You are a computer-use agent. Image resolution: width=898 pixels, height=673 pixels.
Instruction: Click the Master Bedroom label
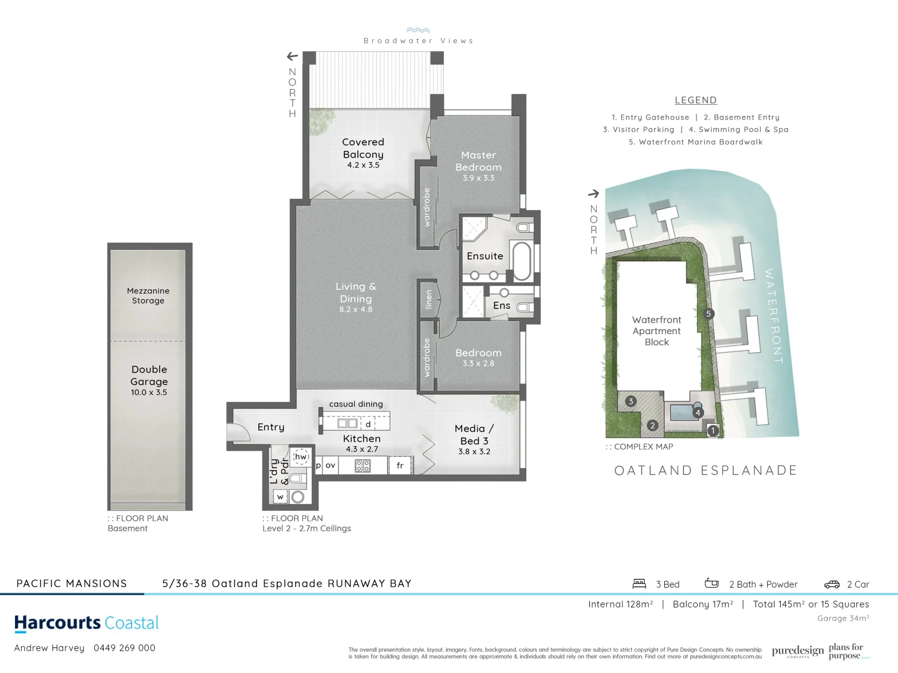click(478, 161)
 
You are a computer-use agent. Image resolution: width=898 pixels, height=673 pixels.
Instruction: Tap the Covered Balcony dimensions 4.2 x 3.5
click(363, 165)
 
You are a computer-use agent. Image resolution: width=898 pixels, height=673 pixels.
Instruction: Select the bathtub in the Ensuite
click(521, 261)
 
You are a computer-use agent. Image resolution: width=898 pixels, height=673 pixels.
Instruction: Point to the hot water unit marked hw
click(301, 457)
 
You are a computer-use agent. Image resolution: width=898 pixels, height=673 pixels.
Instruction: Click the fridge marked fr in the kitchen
click(400, 465)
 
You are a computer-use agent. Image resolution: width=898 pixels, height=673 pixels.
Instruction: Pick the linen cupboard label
click(428, 299)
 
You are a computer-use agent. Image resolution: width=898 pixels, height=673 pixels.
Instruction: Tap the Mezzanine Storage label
click(148, 296)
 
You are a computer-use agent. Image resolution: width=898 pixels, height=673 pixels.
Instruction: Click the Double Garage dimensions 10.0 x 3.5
click(149, 393)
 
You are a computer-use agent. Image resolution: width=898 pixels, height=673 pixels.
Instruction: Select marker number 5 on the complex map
click(708, 314)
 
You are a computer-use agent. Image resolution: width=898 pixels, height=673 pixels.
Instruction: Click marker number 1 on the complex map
click(713, 431)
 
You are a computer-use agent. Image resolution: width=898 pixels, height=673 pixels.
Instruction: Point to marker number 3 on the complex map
click(631, 401)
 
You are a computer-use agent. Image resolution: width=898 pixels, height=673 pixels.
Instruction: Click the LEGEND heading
click(696, 100)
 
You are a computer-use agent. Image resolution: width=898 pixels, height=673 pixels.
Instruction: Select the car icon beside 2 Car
click(832, 585)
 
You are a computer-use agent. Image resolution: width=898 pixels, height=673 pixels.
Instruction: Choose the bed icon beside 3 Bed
click(639, 584)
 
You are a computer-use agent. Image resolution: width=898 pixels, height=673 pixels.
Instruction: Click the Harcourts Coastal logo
click(87, 623)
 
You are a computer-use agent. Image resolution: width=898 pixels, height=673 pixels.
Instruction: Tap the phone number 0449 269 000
click(125, 648)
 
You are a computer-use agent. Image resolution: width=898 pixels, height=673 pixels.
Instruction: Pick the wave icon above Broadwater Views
click(418, 30)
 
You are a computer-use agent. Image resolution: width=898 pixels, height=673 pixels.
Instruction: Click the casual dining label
click(356, 404)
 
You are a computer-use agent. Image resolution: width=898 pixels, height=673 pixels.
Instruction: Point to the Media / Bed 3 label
click(475, 435)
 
